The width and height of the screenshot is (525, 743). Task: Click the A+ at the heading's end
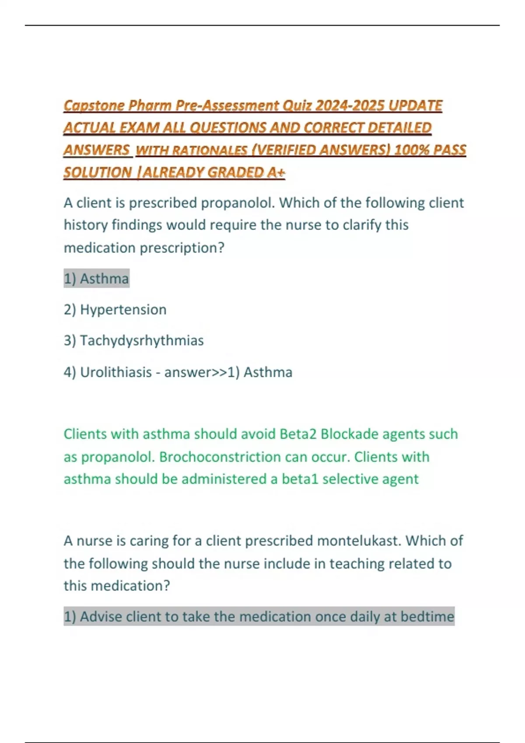[x=276, y=173]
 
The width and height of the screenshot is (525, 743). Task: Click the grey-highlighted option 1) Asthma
[x=97, y=278]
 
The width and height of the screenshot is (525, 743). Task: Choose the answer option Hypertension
[x=123, y=309]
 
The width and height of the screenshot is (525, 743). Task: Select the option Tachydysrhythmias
[x=142, y=340]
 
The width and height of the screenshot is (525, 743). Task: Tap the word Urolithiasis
[x=116, y=372]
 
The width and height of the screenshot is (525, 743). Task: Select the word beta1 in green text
[x=300, y=479]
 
